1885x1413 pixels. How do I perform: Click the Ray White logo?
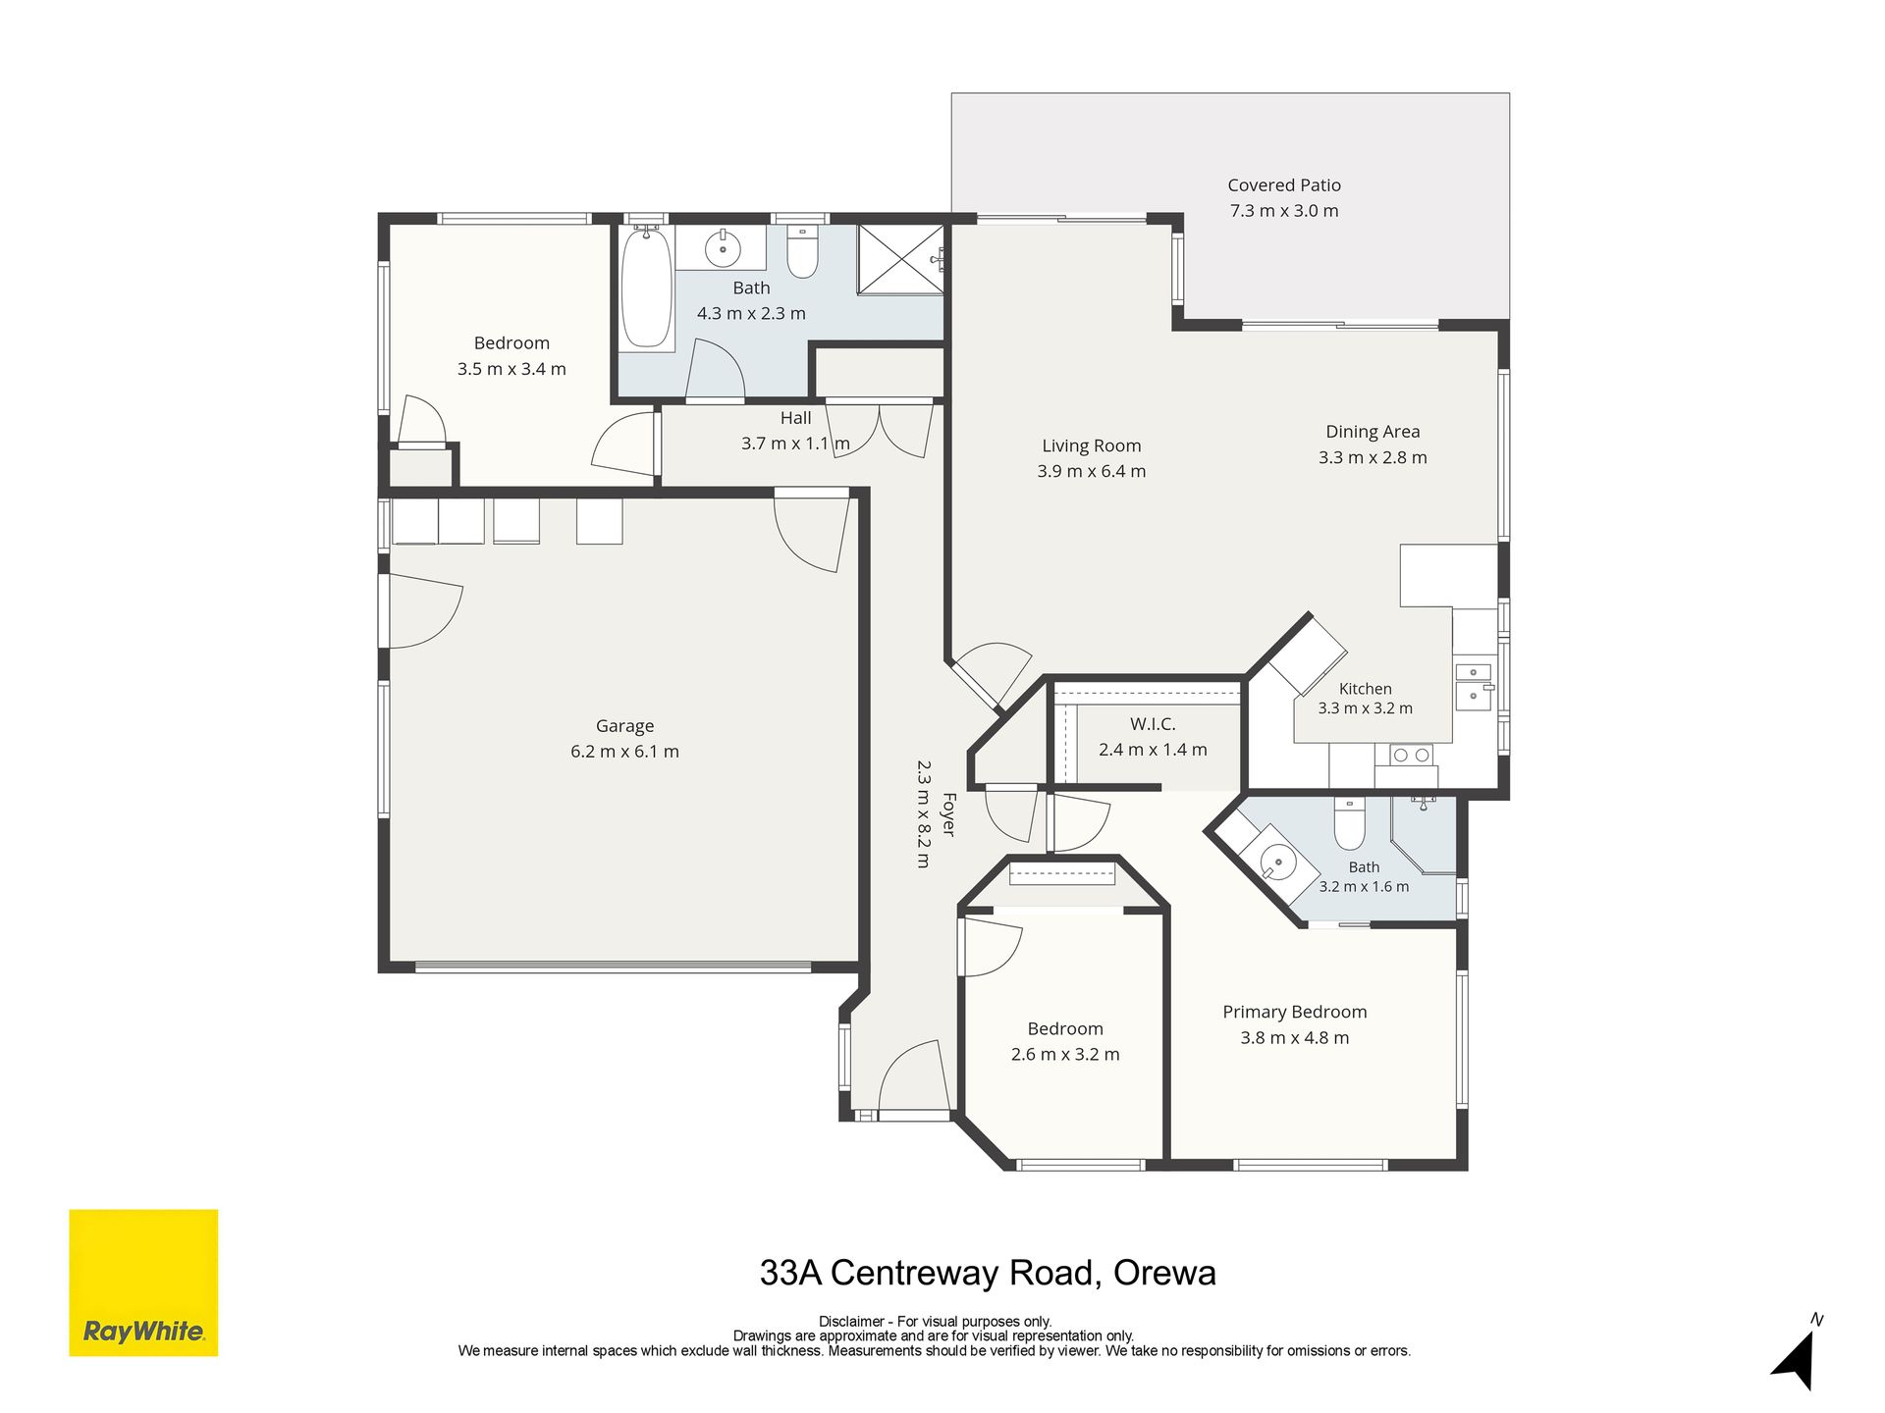143,1282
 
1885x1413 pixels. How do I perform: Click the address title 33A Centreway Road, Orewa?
988,1273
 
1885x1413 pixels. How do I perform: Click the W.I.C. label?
1153,724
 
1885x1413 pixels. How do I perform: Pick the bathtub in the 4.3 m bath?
646,287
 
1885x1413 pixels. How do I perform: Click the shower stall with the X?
900,259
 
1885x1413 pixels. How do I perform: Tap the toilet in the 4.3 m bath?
802,252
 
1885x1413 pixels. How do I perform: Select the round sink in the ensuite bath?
1277,864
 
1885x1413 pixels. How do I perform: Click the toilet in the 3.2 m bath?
1350,823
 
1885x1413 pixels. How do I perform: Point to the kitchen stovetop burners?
1412,755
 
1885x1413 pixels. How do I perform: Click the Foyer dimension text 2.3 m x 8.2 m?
924,814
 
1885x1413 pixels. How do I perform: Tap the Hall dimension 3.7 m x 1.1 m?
795,444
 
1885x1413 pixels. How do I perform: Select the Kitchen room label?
1366,689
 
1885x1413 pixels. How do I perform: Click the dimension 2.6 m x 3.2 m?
1065,1055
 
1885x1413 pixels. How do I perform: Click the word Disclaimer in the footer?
851,1322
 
